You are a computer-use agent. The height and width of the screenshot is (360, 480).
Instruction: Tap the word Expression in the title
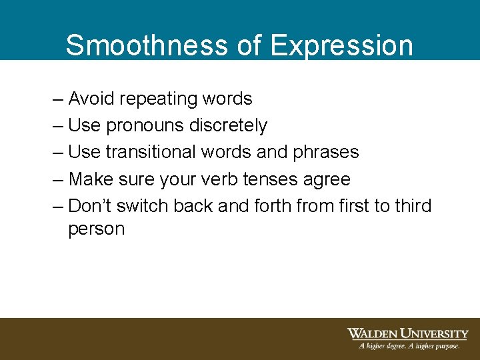click(342, 45)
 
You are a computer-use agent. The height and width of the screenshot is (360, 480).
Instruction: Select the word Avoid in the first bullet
click(91, 99)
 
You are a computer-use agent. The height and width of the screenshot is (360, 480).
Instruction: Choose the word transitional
click(152, 152)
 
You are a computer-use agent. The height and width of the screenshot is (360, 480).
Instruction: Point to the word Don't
click(90, 205)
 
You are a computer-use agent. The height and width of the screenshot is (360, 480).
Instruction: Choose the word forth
click(271, 205)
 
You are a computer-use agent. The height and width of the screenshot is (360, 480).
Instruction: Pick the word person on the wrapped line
click(96, 229)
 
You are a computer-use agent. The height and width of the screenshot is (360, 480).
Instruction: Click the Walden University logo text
click(407, 333)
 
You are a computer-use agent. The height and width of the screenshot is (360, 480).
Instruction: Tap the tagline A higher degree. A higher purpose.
click(409, 346)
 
